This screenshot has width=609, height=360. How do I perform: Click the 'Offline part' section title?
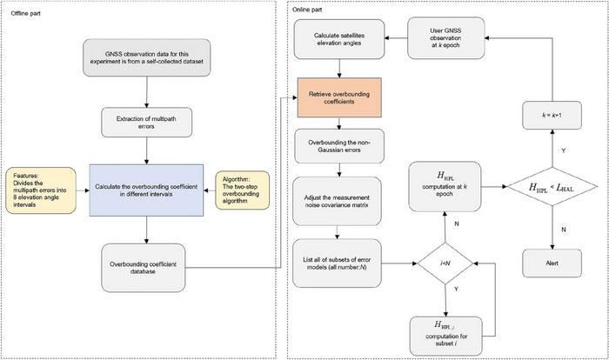point(25,15)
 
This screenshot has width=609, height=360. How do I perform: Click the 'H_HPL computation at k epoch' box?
point(445,189)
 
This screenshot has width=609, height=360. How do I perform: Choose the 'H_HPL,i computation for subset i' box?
point(445,333)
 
